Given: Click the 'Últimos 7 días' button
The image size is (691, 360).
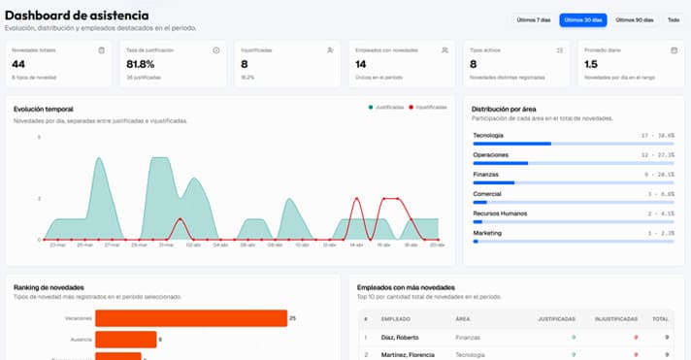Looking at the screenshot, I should pos(533,19).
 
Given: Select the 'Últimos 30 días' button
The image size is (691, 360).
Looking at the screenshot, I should pos(582,19).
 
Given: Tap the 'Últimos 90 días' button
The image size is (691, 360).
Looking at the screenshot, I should pos(634,19).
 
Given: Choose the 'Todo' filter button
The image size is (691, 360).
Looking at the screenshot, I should pos(673,19).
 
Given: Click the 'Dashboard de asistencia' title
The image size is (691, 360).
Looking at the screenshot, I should pos(77,15).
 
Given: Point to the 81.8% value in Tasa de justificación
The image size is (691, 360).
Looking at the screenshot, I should pos(141,64).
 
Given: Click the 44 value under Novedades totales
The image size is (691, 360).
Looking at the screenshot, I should pos(19,64).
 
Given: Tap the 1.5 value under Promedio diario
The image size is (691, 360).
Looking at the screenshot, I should pos(591,64).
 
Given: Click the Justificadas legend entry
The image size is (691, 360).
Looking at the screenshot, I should pos(387,107).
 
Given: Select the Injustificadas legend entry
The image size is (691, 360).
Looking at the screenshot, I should pos(428,107).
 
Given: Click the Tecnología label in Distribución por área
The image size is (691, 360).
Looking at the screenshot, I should pos(488,135).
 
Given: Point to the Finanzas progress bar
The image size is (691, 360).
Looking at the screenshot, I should pos(573,182).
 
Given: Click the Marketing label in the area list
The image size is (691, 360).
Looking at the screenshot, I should pos(487,233).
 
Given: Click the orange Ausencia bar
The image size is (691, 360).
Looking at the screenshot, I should pos(125,339).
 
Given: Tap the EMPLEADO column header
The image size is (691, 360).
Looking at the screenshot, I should pos(396,317).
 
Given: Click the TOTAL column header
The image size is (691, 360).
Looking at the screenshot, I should pos(659,317).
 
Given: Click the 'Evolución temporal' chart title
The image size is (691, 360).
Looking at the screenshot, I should pos(44,109).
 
